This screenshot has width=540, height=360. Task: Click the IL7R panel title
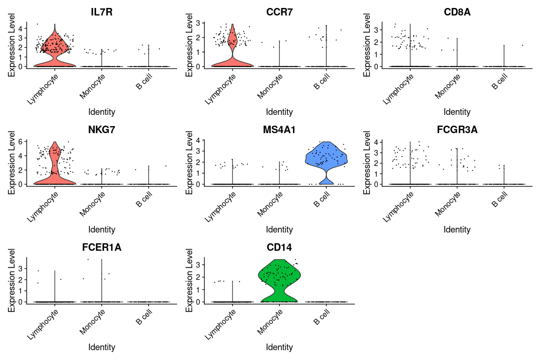102,12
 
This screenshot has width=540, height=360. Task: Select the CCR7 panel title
279,12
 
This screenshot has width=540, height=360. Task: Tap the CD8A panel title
457,12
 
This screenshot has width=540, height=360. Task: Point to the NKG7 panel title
102,130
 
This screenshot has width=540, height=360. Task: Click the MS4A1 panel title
279,130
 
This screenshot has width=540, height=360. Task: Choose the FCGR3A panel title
457,130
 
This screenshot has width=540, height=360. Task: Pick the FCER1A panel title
102,247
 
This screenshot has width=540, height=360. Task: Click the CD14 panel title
279,247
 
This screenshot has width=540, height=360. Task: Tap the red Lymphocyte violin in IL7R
55,47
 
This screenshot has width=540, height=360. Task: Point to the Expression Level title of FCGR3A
367,162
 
